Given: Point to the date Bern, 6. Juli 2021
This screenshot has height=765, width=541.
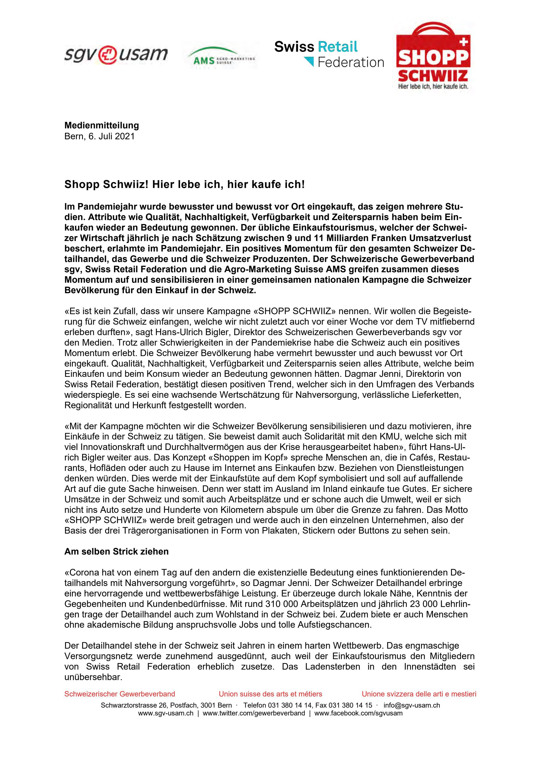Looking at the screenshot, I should point(99,136).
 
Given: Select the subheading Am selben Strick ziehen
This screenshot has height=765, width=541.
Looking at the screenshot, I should point(116,551).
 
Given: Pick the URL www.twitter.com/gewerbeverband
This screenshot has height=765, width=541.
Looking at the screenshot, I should point(254,713).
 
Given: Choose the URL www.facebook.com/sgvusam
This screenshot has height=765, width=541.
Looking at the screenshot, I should point(358,713).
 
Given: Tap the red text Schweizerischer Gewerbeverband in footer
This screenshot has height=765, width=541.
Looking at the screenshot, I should point(120,694).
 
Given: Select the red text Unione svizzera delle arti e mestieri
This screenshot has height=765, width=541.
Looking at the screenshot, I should point(419,694).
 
